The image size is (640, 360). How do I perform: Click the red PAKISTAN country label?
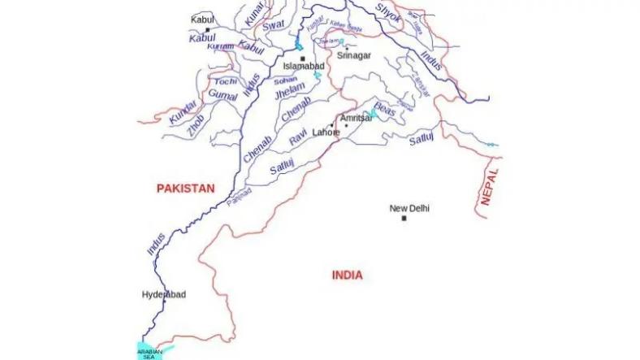point(185,189)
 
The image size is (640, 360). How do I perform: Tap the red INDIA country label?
point(348,275)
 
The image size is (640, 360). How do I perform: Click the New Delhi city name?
point(409,209)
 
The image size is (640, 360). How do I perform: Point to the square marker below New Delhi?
point(404,219)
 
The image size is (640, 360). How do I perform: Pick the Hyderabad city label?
point(163,294)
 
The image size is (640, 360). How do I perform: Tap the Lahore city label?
point(326,132)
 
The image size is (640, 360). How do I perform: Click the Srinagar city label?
point(354,56)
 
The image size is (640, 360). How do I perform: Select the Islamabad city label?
point(303,67)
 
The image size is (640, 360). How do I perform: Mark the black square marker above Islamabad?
point(302,59)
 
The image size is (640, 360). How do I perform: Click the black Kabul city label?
point(202,19)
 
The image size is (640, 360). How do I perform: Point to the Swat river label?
point(270,28)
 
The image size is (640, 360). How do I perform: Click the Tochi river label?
point(225,82)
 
